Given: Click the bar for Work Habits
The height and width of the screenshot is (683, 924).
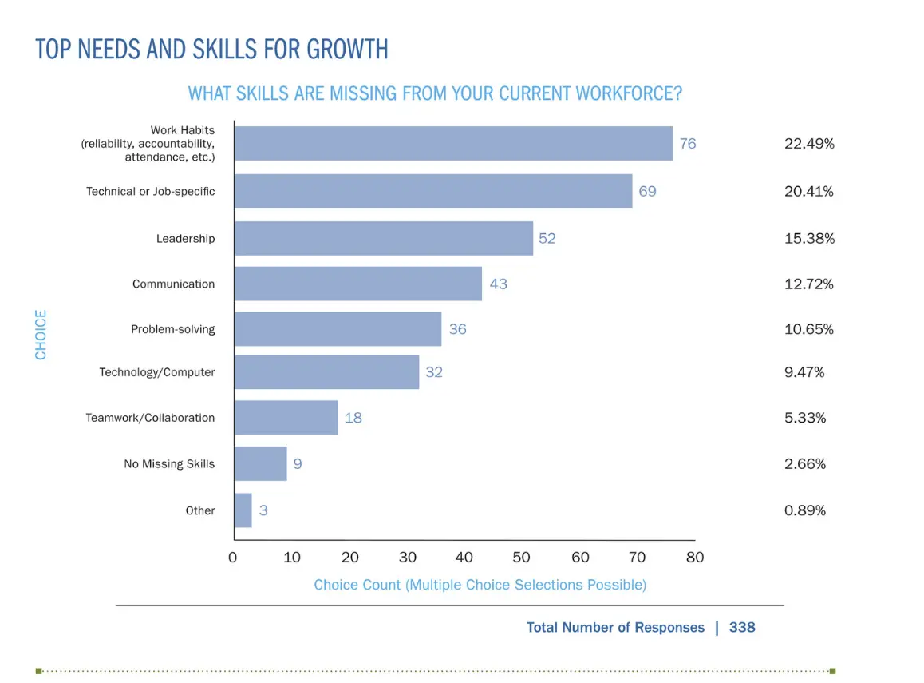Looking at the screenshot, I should pos(453,144).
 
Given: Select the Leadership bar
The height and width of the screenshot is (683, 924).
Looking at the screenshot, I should pos(383,238).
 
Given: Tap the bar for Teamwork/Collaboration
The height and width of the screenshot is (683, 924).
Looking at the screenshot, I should pos(286,418).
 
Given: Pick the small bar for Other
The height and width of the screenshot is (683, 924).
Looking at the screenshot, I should pos(243,510).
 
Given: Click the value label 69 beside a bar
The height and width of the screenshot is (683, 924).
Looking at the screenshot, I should pos(647,192).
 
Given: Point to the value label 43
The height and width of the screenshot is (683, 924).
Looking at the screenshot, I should pos(498,284).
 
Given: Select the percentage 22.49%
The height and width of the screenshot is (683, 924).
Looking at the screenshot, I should pos(809,144).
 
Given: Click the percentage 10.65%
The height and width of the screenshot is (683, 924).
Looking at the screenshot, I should pos(809,329).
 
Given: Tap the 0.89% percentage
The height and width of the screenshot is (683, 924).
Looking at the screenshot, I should pos(805,510).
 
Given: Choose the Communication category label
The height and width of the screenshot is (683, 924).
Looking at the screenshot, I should pos(173,284).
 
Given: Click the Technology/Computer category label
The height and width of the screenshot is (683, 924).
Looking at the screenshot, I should pos(156,372).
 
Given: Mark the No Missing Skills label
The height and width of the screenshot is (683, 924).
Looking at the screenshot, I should pos(169,464).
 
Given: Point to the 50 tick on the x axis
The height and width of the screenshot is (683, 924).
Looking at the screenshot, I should pos(522,558).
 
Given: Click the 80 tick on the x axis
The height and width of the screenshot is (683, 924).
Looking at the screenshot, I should pos(695,558).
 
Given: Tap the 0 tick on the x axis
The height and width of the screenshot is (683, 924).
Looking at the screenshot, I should pos(233,558).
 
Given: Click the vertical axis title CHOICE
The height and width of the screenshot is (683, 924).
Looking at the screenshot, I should pos(41,335).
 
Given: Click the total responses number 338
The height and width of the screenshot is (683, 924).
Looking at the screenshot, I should pos(742,627).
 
